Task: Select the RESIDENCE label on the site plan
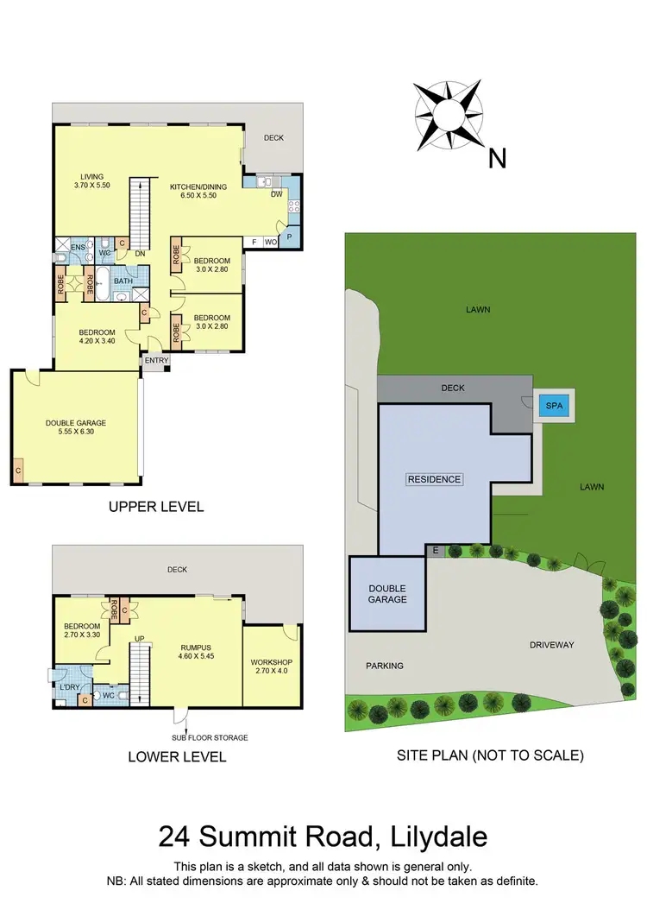point(435,479)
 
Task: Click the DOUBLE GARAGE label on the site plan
point(387,593)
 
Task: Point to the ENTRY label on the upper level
point(156,361)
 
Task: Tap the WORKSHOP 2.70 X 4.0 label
point(273,667)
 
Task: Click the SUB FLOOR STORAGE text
point(210,737)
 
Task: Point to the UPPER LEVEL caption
point(156,507)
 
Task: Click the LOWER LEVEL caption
point(177,757)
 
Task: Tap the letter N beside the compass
point(497,158)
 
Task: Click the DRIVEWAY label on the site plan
point(552,645)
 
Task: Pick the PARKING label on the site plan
point(384,666)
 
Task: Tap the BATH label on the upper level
point(123,281)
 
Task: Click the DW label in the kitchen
point(276,194)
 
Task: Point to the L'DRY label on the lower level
point(69,687)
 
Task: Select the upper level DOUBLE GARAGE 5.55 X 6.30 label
point(76,427)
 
